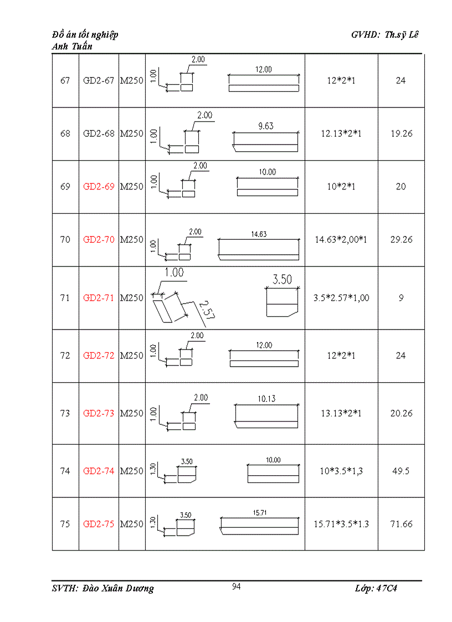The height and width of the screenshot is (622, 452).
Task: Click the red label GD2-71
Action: pyautogui.click(x=99, y=297)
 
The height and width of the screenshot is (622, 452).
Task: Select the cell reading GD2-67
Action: pyautogui.click(x=99, y=80)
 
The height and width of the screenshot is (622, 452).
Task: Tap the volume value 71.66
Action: pyautogui.click(x=400, y=524)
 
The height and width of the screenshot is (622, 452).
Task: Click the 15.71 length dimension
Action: pyautogui.click(x=260, y=513)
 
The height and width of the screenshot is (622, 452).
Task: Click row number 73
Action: pyautogui.click(x=65, y=413)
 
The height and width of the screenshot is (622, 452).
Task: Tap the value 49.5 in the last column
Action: pyautogui.click(x=400, y=471)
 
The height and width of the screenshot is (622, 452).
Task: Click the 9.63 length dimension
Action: pyautogui.click(x=266, y=126)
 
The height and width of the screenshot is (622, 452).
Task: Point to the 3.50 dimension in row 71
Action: pyautogui.click(x=282, y=279)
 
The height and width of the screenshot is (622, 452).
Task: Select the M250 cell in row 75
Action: pyautogui.click(x=132, y=524)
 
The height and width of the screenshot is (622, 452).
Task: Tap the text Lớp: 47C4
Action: pyautogui.click(x=376, y=588)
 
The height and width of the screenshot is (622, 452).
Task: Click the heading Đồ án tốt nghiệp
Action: pyautogui.click(x=85, y=35)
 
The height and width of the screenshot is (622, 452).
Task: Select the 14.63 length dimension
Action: pyautogui.click(x=259, y=234)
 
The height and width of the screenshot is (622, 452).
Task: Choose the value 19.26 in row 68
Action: pyautogui.click(x=400, y=133)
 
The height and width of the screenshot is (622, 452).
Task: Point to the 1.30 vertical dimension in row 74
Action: pyautogui.click(x=155, y=469)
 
